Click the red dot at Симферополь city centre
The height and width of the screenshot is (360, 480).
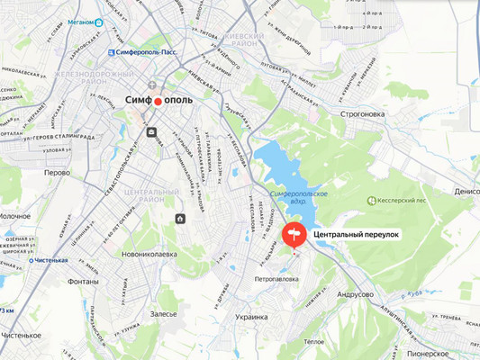pyautogui.click(x=158, y=102)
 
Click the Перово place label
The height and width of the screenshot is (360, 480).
pyautogui.click(x=58, y=171)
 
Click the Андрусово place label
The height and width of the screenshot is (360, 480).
pyautogui.click(x=354, y=294)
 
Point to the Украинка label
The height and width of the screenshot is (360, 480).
pyautogui.click(x=251, y=317)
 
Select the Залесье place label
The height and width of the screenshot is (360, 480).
pyautogui.click(x=164, y=315)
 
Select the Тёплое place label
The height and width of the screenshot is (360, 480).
pyautogui.click(x=313, y=341)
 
